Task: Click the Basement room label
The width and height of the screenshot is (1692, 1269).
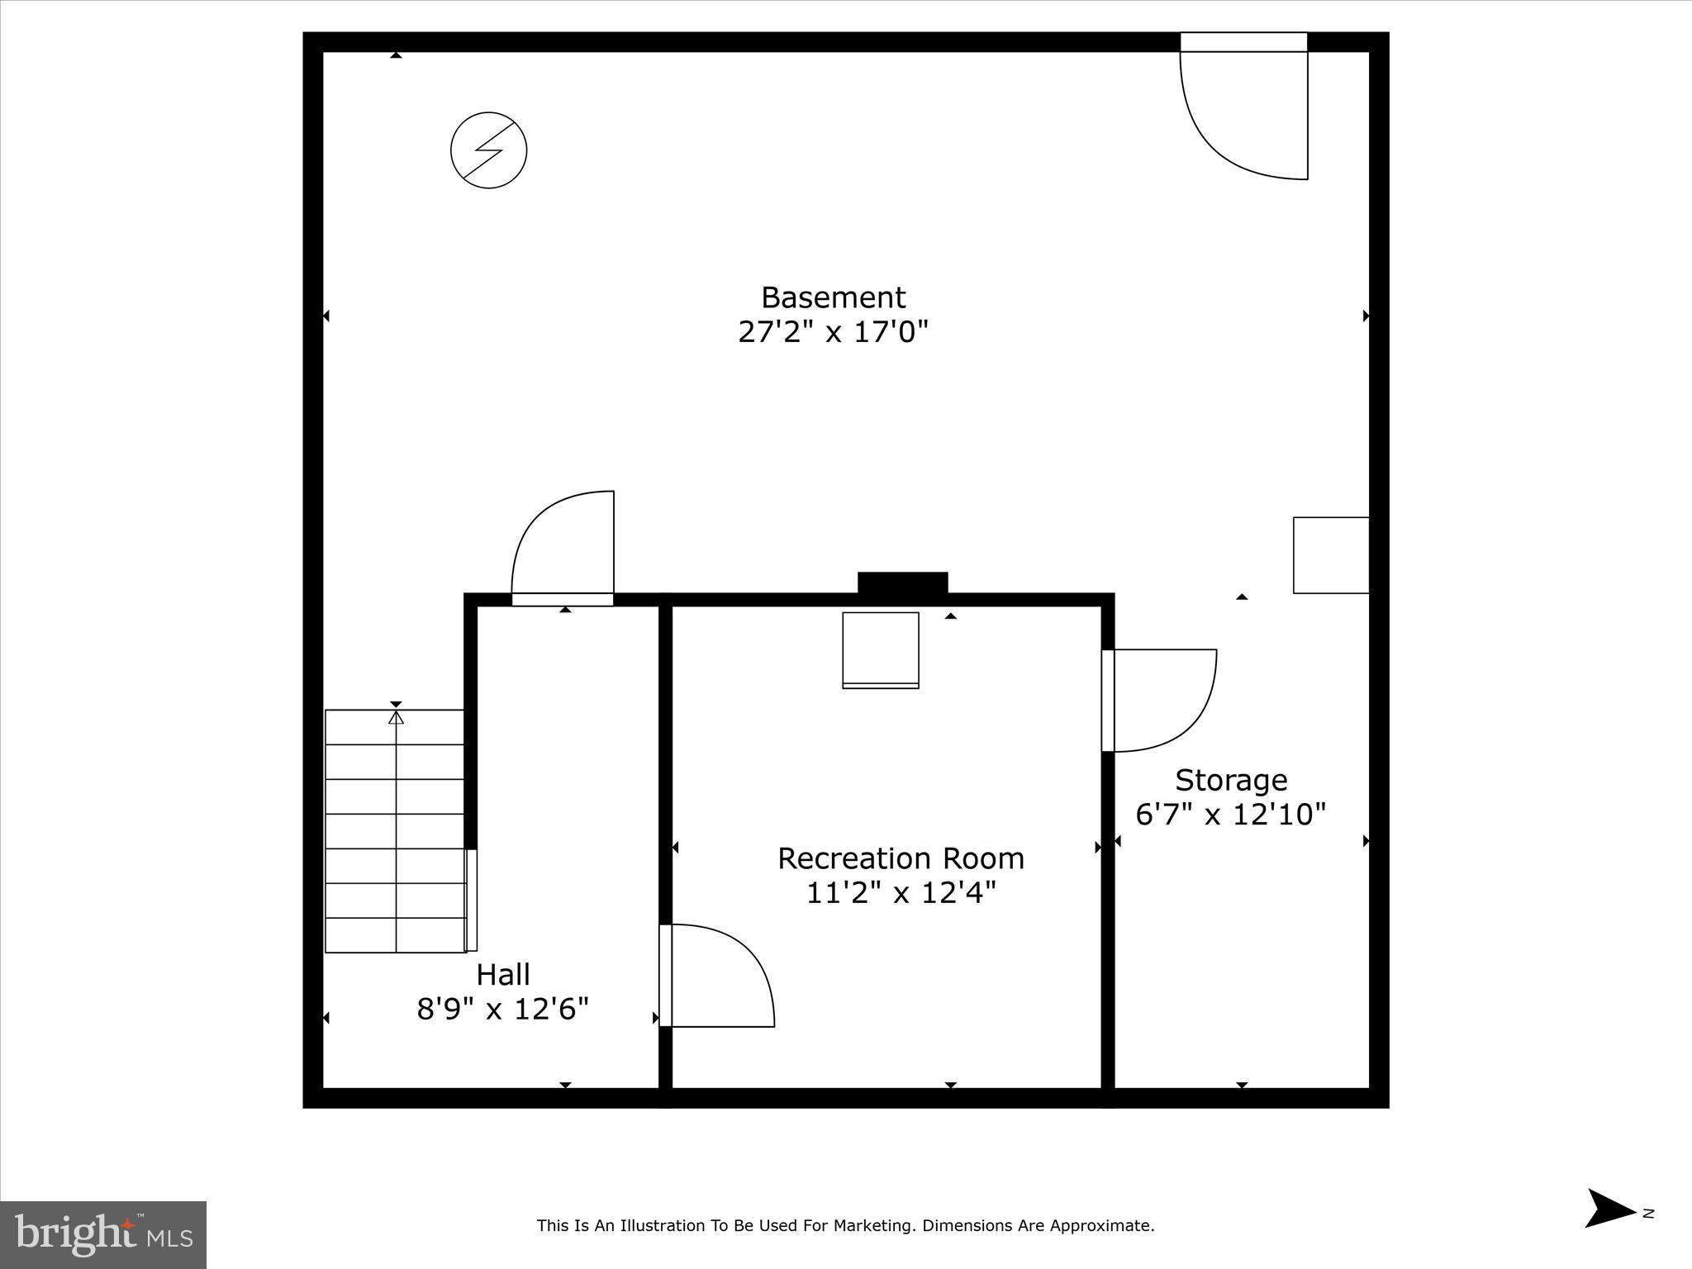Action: tap(833, 297)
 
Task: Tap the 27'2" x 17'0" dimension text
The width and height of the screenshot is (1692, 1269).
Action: tap(833, 332)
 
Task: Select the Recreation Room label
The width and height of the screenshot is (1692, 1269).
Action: tap(901, 858)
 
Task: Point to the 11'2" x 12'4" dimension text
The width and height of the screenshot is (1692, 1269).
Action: tap(901, 893)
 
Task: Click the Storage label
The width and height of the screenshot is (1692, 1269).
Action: tap(1231, 780)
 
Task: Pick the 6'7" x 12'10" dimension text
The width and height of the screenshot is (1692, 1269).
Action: tap(1231, 815)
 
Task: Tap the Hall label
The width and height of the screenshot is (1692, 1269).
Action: tap(503, 975)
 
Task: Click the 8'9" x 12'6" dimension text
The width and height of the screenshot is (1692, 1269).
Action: tap(503, 1010)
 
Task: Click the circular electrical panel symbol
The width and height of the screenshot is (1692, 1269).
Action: tap(489, 150)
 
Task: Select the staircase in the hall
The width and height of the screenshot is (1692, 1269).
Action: tap(396, 830)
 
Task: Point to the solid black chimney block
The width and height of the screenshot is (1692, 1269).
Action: tap(902, 583)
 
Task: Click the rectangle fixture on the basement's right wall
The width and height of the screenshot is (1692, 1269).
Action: tap(1331, 555)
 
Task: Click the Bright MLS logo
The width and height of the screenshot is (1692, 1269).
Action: tap(103, 1234)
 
